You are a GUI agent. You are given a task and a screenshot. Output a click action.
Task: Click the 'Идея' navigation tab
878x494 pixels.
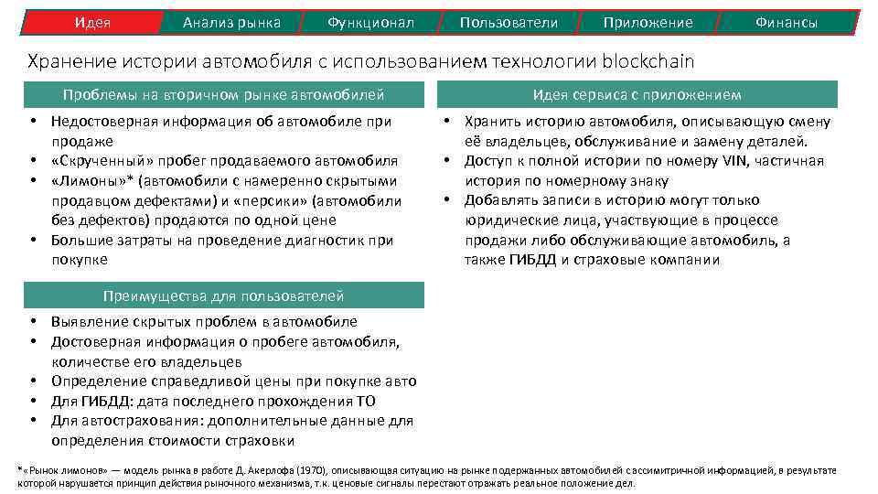(92, 22)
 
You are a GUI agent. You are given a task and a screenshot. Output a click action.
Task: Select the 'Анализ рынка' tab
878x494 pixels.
(231, 22)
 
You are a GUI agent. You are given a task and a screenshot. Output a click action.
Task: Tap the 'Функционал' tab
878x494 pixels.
(370, 22)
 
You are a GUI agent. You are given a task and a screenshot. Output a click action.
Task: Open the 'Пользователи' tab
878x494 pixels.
(509, 22)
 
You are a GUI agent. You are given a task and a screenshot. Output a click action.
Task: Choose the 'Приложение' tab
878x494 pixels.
(648, 22)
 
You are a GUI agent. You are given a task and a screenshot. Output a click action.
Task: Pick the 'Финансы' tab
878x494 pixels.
(787, 22)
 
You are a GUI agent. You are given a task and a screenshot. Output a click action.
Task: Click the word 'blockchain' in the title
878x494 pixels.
(648, 62)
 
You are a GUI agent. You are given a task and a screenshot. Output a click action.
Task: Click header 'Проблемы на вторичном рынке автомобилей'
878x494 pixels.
(224, 94)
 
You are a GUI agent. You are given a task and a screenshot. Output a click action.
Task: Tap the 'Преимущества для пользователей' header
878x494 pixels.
(224, 295)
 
